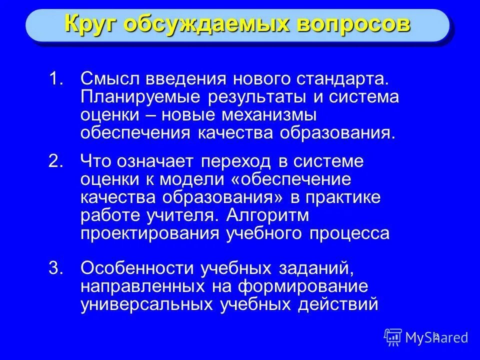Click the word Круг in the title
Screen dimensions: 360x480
click(x=90, y=24)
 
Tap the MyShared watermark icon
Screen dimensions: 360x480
click(x=393, y=337)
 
